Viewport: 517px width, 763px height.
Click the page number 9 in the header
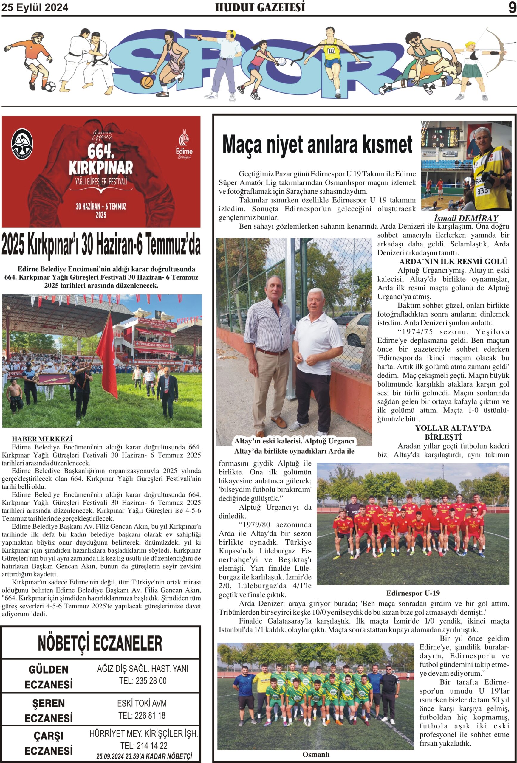(x=512, y=7)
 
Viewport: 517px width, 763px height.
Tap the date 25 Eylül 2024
(x=35, y=7)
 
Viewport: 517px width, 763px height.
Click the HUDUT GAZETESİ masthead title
(x=260, y=7)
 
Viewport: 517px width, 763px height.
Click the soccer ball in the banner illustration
(x=50, y=87)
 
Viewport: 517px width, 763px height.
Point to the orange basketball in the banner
(x=146, y=81)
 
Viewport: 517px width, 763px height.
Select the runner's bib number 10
(x=331, y=51)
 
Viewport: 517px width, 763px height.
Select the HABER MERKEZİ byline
(x=42, y=439)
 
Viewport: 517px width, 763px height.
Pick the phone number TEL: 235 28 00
(x=143, y=681)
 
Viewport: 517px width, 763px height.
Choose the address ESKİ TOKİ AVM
(x=142, y=703)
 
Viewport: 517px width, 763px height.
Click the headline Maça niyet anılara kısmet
(x=317, y=144)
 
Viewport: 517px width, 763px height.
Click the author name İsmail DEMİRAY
(x=466, y=218)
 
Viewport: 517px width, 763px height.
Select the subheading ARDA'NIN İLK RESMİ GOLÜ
(x=453, y=262)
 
